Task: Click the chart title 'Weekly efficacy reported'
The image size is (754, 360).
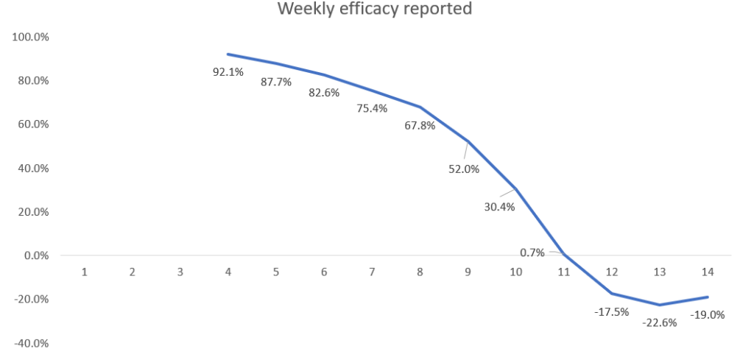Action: tap(374, 10)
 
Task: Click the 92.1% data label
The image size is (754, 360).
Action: tap(228, 72)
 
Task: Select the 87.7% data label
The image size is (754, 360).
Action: tap(276, 82)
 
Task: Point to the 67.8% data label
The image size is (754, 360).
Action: tap(420, 125)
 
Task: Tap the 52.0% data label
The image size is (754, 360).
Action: tap(464, 169)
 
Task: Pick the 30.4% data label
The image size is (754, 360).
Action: tap(499, 207)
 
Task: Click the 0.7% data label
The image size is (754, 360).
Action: tap(532, 253)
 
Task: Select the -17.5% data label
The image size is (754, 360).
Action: tap(611, 311)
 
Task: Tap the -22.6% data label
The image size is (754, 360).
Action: tap(659, 322)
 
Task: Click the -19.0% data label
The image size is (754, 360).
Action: tap(708, 314)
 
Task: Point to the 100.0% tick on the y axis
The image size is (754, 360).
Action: tap(29, 37)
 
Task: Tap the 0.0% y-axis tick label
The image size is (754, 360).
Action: tap(34, 255)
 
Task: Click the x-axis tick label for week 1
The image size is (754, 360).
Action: tap(85, 272)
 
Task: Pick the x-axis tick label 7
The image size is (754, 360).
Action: tap(372, 272)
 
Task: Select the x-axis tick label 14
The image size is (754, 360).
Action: tap(708, 272)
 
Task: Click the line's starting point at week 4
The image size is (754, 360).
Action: tap(228, 54)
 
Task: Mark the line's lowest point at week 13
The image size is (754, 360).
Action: tap(660, 305)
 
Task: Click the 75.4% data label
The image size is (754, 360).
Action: tap(372, 109)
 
